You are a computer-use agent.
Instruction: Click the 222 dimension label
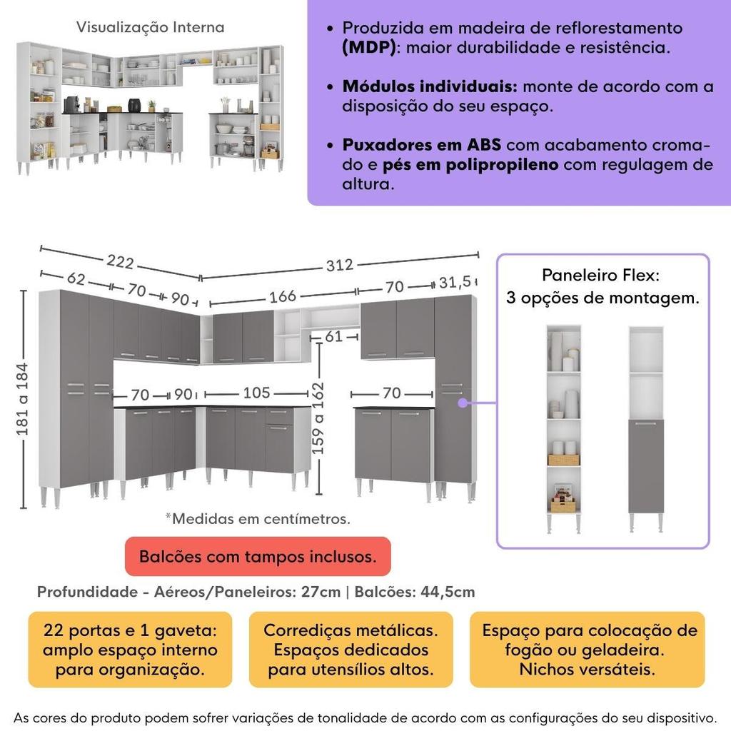121,262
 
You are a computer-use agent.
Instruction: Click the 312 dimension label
340,265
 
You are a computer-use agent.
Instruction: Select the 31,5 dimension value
458,283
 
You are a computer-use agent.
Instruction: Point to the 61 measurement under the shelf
333,336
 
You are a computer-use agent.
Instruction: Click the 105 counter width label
256,393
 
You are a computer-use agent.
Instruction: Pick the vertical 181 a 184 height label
24,400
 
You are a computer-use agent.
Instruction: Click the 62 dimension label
76,279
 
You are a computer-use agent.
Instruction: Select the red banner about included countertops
258,557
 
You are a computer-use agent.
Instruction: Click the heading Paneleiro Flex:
600,276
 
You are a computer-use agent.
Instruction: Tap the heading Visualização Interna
150,27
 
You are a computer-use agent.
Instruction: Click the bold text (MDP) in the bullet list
367,48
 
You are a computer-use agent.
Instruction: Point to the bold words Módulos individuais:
430,87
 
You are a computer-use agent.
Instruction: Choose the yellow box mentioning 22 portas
130,650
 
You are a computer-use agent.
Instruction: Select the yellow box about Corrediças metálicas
351,650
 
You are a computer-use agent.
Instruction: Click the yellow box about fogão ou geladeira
588,650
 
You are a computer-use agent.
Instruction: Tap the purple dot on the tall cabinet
463,403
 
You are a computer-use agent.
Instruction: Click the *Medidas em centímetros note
258,519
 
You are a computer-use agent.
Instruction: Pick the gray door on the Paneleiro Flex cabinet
646,465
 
